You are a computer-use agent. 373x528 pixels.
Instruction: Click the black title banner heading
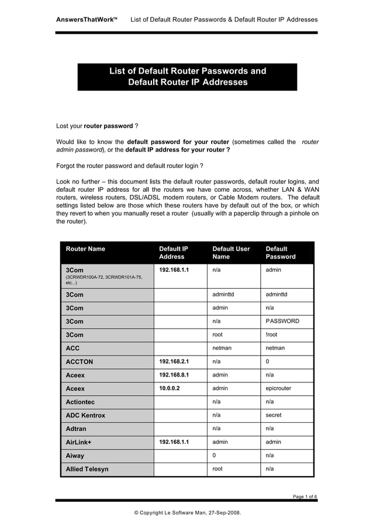pyautogui.click(x=187, y=77)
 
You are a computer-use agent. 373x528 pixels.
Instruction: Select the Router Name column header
pyautogui.click(x=85, y=249)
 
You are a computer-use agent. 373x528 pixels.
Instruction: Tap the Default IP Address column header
pyautogui.click(x=174, y=253)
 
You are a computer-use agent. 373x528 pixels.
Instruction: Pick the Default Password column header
pyautogui.click(x=281, y=253)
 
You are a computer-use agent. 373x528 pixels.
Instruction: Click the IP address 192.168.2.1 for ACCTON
pyautogui.click(x=174, y=362)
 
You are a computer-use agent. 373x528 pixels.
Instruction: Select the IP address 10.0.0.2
pyautogui.click(x=170, y=388)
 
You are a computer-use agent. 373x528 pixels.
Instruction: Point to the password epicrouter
pyautogui.click(x=278, y=388)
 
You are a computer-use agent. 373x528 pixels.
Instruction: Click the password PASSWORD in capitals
pyautogui.click(x=282, y=321)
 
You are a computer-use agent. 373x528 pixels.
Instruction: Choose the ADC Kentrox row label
pyautogui.click(x=85, y=416)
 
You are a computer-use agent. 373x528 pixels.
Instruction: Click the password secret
pyautogui.click(x=273, y=415)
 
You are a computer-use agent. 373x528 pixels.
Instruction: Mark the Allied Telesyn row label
pyautogui.click(x=87, y=469)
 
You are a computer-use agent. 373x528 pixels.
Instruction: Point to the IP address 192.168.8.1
pyautogui.click(x=174, y=375)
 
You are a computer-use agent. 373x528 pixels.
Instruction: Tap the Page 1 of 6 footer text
pyautogui.click(x=305, y=496)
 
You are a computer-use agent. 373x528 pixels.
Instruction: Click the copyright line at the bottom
pyautogui.click(x=187, y=513)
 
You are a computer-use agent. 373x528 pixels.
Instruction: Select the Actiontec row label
pyautogui.click(x=80, y=402)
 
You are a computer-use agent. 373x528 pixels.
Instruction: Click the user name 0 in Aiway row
pyautogui.click(x=214, y=455)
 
